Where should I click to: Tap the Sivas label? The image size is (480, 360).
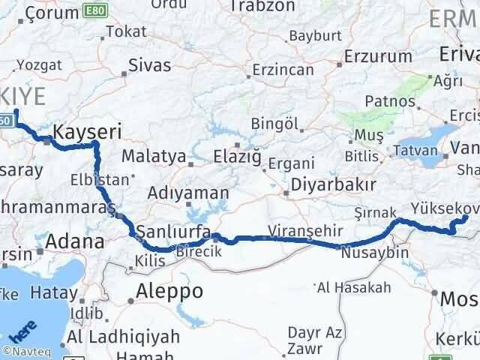149,64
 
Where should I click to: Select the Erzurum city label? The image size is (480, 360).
378,56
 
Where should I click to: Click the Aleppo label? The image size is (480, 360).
169,291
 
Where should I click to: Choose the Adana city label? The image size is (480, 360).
74,241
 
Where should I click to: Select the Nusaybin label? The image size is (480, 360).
374,253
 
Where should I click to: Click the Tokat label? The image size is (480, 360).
126,31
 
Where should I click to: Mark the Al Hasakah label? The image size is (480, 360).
354,287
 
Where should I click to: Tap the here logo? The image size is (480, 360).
22,330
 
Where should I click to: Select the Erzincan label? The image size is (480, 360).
283,69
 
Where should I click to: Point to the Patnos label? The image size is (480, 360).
388,100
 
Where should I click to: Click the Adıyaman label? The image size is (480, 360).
187,193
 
